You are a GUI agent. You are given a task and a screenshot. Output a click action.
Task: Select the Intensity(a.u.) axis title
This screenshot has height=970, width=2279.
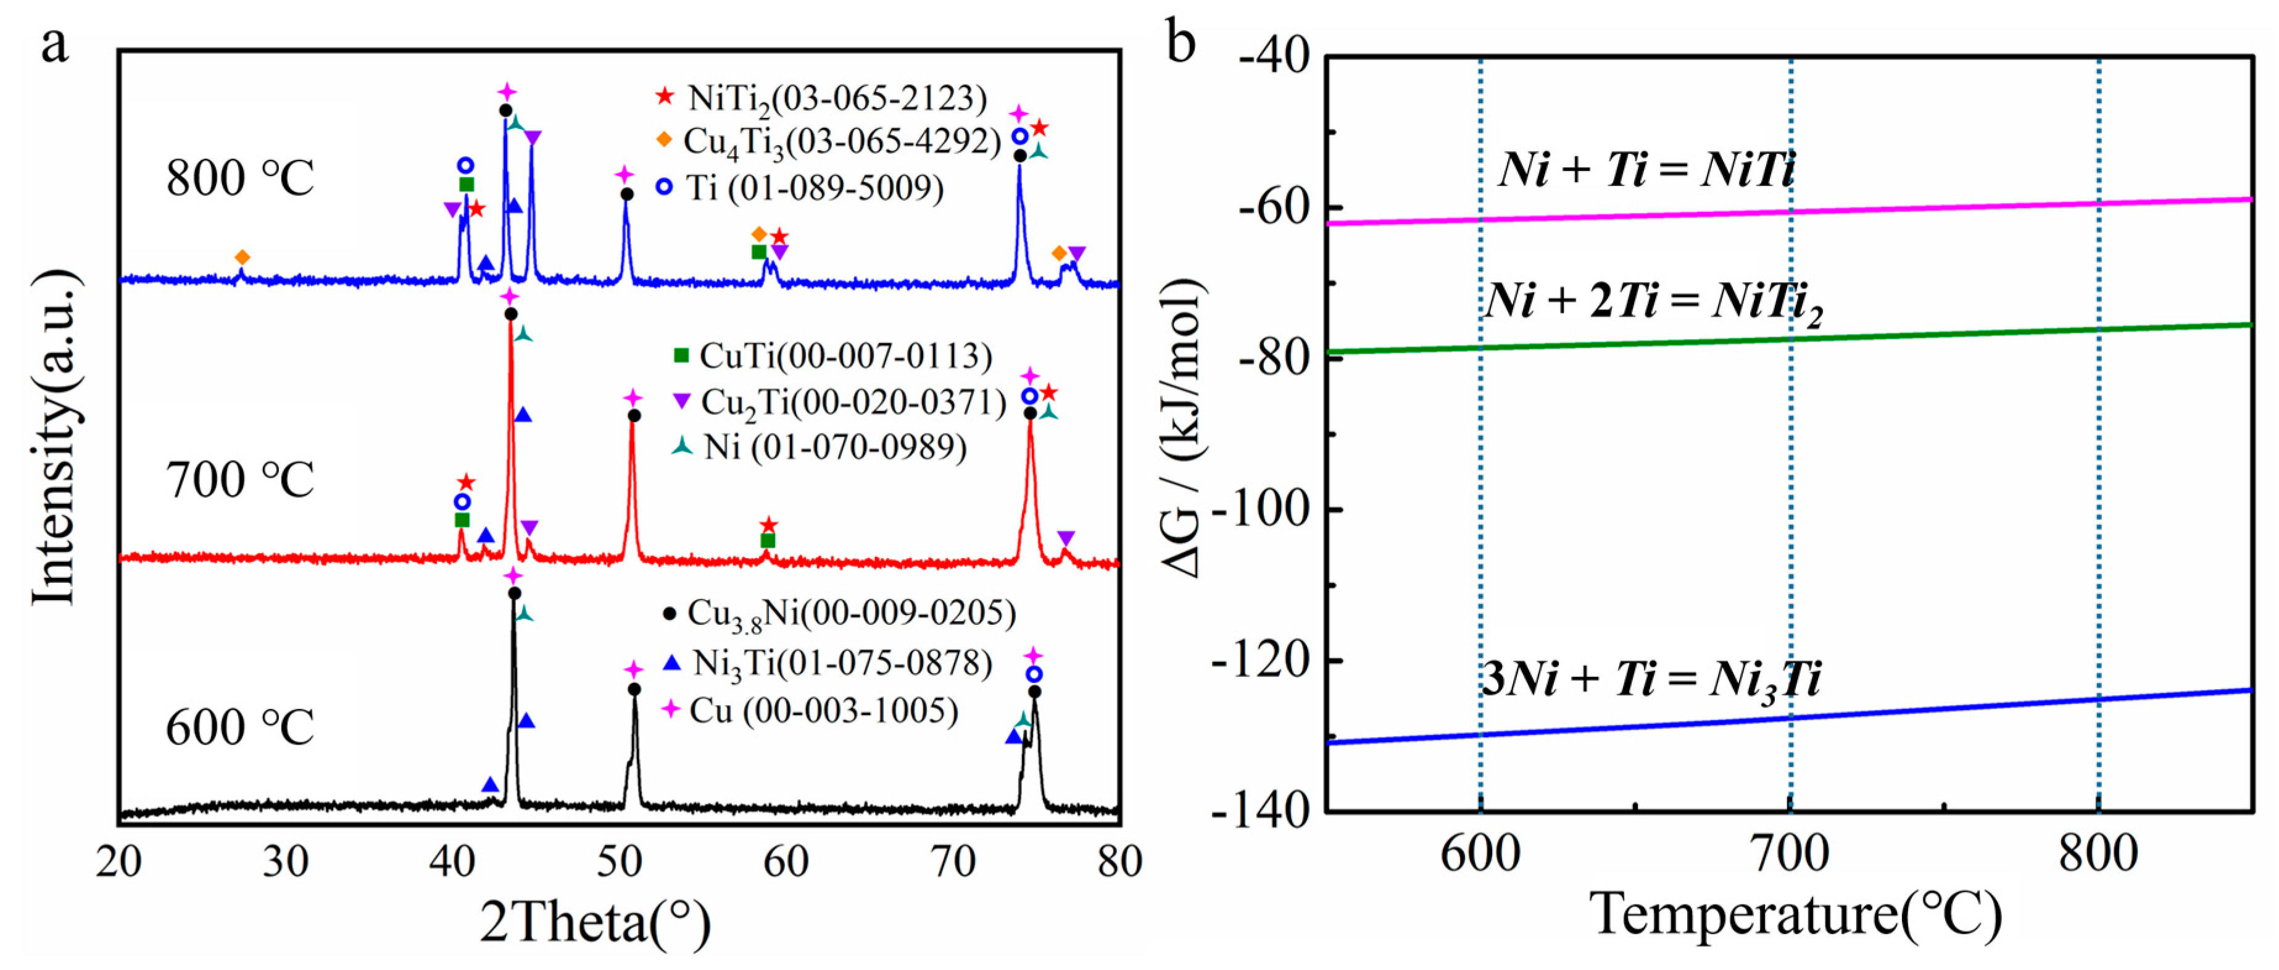(x=55, y=438)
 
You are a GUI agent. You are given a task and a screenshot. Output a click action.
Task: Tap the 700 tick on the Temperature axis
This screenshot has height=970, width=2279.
(x=1790, y=854)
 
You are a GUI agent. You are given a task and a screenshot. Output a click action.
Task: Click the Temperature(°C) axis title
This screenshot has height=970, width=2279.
(x=1796, y=914)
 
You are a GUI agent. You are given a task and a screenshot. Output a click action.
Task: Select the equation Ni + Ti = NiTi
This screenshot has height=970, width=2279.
(x=1646, y=169)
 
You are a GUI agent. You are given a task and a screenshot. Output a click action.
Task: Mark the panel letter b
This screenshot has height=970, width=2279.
(x=1182, y=41)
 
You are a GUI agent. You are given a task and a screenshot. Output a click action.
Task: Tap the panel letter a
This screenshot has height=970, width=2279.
(x=55, y=44)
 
